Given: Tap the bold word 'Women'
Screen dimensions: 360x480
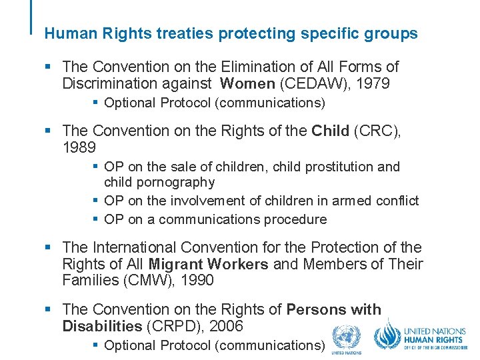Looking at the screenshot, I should (247, 84).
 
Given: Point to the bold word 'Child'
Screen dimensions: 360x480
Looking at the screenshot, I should (330, 131).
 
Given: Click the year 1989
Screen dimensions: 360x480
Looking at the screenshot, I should (79, 147).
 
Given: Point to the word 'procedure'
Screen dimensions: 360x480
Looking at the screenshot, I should (295, 219).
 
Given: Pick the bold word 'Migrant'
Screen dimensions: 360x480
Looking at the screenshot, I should (175, 264).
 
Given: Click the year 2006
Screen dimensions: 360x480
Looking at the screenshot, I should (225, 326).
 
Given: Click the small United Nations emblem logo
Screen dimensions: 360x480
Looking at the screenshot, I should (347, 338).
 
